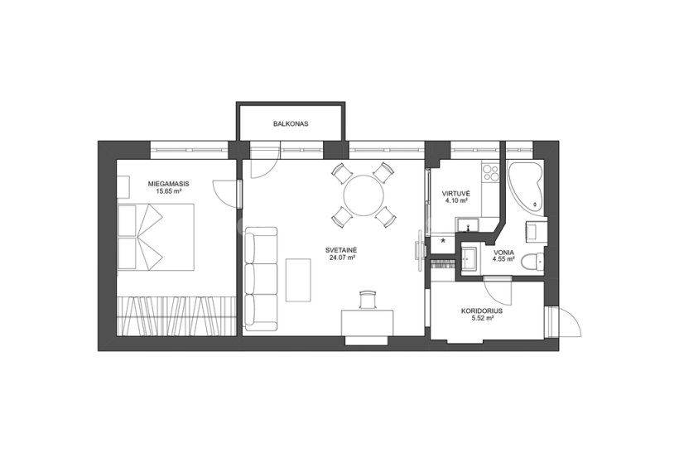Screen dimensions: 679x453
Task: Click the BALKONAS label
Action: [291, 123]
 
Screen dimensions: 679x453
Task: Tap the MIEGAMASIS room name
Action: [168, 184]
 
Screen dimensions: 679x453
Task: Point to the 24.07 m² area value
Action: [342, 258]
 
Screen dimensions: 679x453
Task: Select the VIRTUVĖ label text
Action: [455, 194]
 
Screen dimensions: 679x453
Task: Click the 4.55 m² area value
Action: [503, 259]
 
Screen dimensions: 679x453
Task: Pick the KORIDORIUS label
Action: [482, 311]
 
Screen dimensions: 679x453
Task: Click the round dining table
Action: [364, 195]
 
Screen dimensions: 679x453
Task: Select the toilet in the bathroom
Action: [532, 263]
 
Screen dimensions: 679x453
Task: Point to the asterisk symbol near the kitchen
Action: [443, 240]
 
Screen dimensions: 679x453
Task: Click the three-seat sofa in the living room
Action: [261, 277]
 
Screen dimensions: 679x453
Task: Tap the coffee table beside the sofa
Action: [298, 280]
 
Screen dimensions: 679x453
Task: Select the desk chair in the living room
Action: [368, 300]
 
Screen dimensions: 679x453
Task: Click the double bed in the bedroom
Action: [156, 237]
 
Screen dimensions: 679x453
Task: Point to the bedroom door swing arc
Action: [224, 194]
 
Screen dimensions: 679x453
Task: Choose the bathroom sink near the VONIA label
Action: [469, 259]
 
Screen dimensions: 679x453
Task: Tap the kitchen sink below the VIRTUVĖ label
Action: [467, 225]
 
